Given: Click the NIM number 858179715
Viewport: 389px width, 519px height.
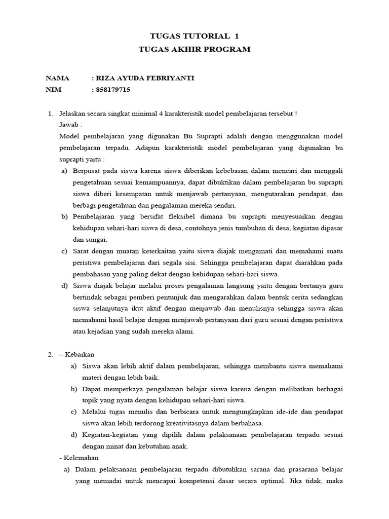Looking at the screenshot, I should (x=113, y=90).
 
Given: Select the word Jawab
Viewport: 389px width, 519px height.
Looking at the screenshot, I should (x=69, y=124).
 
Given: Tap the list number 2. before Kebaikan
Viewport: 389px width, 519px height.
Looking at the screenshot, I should (x=51, y=354).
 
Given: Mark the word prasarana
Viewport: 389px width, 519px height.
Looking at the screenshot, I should (x=275, y=469).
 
